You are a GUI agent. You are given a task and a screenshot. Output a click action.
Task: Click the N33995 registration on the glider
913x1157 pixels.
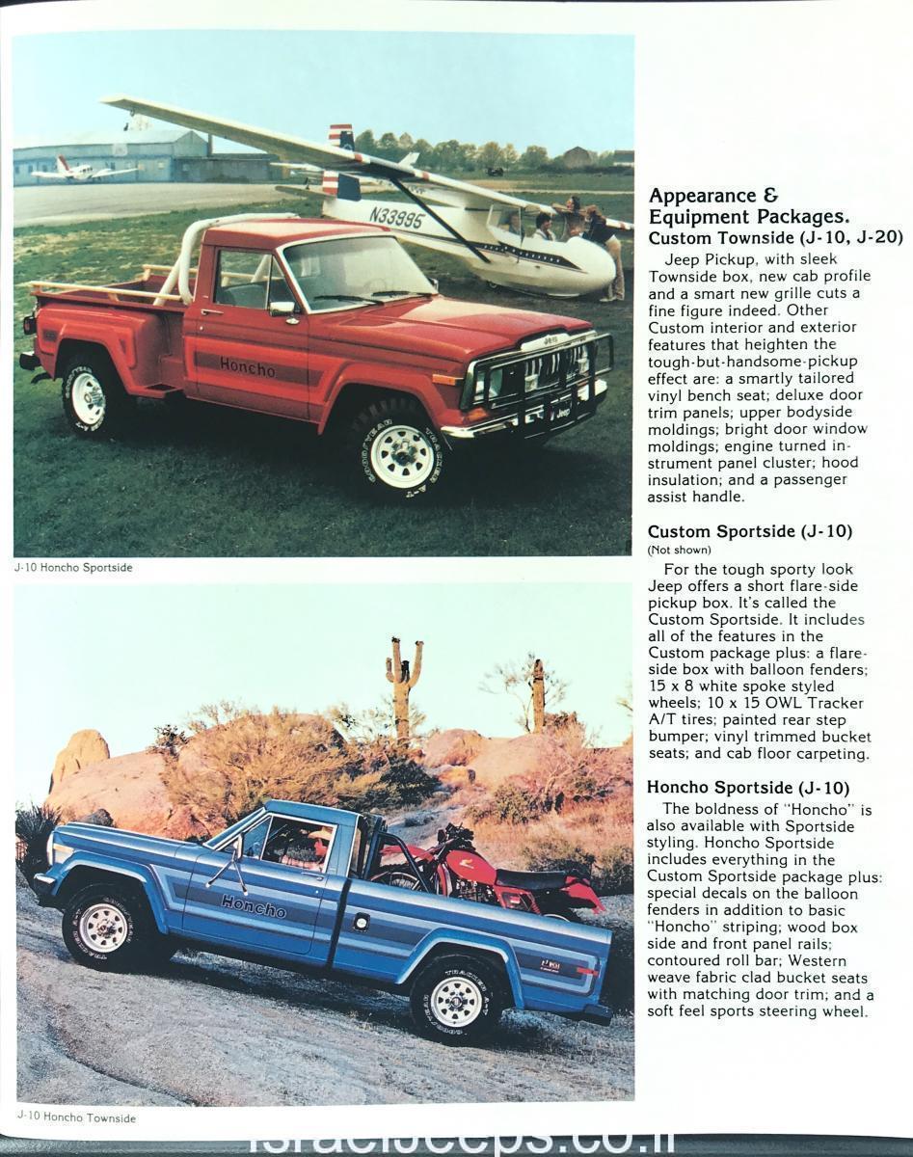coord(395,217)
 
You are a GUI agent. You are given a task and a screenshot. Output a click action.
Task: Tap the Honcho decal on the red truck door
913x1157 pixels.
coord(247,367)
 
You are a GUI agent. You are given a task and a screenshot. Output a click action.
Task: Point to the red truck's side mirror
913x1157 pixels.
coord(282,309)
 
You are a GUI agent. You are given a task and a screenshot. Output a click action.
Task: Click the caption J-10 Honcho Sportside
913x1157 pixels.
coord(73,568)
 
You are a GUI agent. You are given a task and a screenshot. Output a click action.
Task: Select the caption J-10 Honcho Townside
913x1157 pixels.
coord(75,1118)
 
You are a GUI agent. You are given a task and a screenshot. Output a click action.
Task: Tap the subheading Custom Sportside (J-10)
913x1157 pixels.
coord(750,531)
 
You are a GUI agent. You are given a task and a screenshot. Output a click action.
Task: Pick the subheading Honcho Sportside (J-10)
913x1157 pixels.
coord(748,788)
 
